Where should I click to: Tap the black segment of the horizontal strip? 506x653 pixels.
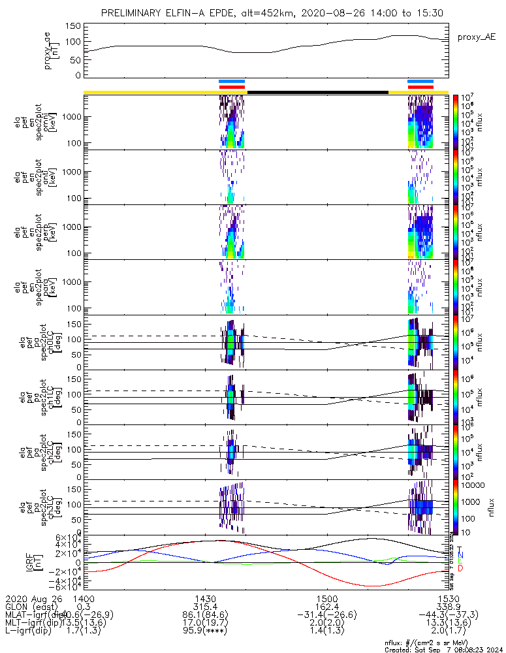[x=317, y=92]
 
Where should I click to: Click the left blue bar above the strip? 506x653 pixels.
[x=232, y=82]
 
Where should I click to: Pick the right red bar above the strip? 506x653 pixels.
[x=420, y=86]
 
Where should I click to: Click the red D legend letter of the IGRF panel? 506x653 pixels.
[x=461, y=568]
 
